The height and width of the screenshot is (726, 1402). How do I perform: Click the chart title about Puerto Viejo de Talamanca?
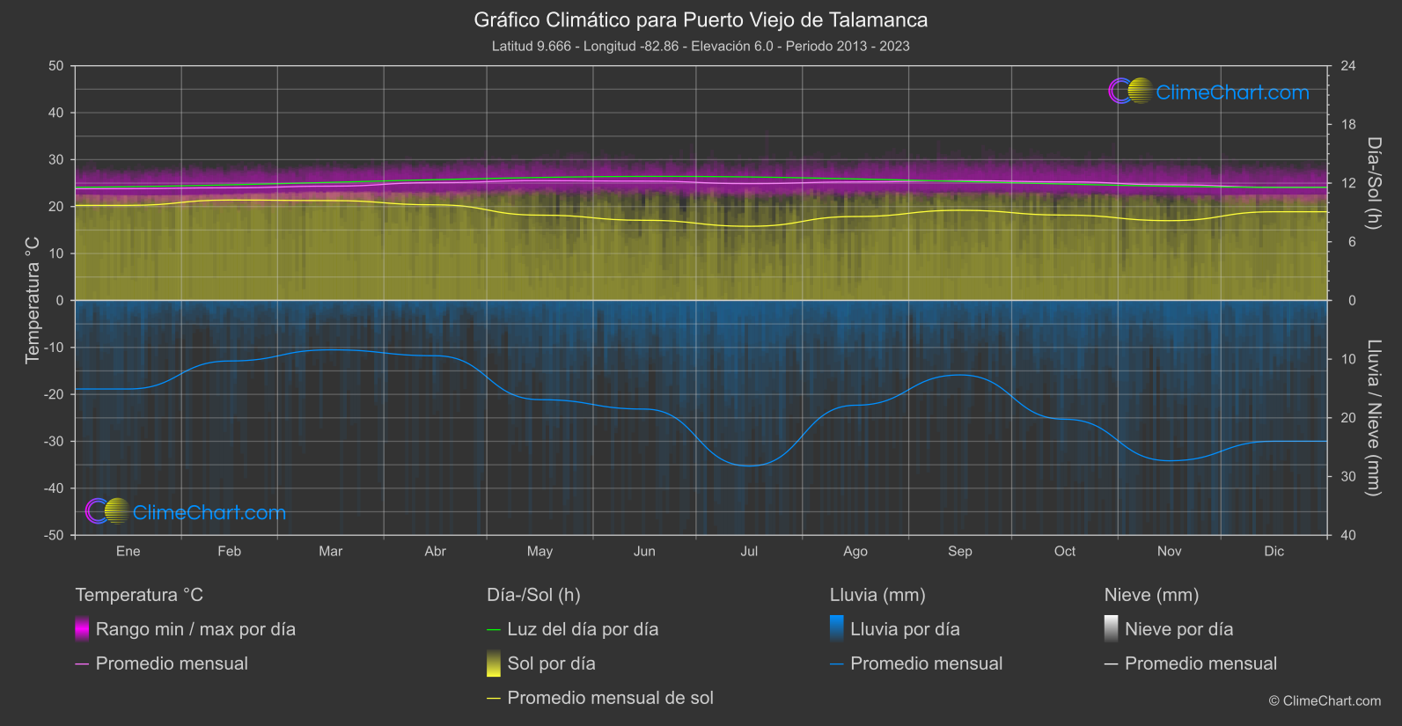pos(701,19)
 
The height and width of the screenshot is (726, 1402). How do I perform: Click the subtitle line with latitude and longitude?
pos(701,46)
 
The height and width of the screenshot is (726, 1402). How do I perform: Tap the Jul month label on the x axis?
pos(749,551)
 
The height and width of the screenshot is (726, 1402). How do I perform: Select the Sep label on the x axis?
pos(959,551)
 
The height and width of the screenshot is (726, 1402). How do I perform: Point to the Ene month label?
pos(128,551)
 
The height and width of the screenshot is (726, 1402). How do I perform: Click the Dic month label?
pos(1274,551)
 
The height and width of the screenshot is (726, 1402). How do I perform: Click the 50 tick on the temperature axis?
pos(56,66)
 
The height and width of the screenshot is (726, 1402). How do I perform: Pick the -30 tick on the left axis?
pos(54,441)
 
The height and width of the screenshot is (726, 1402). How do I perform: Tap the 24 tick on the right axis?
pos(1347,66)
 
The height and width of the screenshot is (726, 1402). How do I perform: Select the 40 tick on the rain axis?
pos(1347,535)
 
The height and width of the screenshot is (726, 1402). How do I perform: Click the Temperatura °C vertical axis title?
pos(33,299)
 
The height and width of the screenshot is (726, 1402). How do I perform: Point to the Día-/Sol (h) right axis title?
pos(1374,183)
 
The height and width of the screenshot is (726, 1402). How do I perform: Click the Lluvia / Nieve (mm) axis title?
pos(1374,417)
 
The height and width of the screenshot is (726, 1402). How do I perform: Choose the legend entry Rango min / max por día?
pos(195,629)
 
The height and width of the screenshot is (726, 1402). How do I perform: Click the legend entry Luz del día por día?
pos(583,629)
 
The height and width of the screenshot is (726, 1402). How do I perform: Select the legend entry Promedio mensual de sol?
pos(610,698)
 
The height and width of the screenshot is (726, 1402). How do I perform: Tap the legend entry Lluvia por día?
pos(905,629)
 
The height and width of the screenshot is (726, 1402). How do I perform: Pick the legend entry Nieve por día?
pos(1178,629)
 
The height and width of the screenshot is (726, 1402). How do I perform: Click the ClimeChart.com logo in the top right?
pos(1209,92)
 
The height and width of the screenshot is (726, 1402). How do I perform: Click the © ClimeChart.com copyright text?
pos(1325,700)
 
